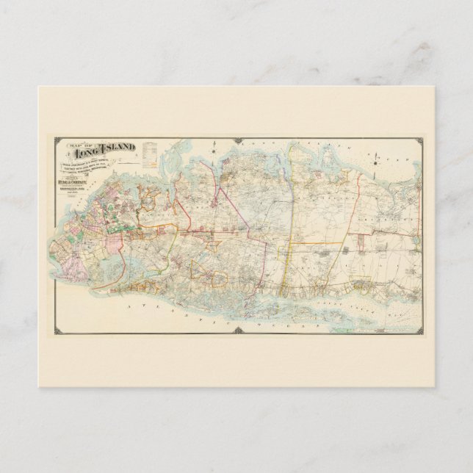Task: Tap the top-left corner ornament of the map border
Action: point(54,139)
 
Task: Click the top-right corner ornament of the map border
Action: point(419,140)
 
